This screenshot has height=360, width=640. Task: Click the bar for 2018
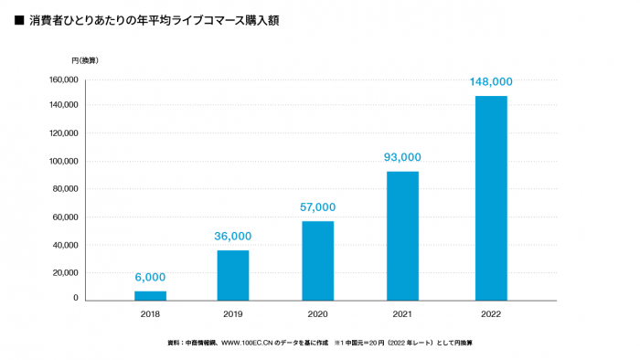pyautogui.click(x=150, y=295)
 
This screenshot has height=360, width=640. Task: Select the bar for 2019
pyautogui.click(x=233, y=275)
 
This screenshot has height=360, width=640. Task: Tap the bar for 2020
pyautogui.click(x=317, y=260)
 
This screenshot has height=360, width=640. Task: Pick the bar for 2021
pyautogui.click(x=402, y=236)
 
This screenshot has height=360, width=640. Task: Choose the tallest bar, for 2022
pyautogui.click(x=491, y=197)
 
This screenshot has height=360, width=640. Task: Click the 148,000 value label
pyautogui.click(x=491, y=81)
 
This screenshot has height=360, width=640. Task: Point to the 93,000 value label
pyautogui.click(x=402, y=157)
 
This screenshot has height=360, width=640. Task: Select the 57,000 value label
pyautogui.click(x=317, y=207)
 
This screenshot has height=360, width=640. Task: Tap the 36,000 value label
pyautogui.click(x=233, y=236)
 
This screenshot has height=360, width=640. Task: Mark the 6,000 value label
pyautogui.click(x=150, y=278)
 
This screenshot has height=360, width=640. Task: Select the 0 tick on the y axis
pyautogui.click(x=77, y=300)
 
